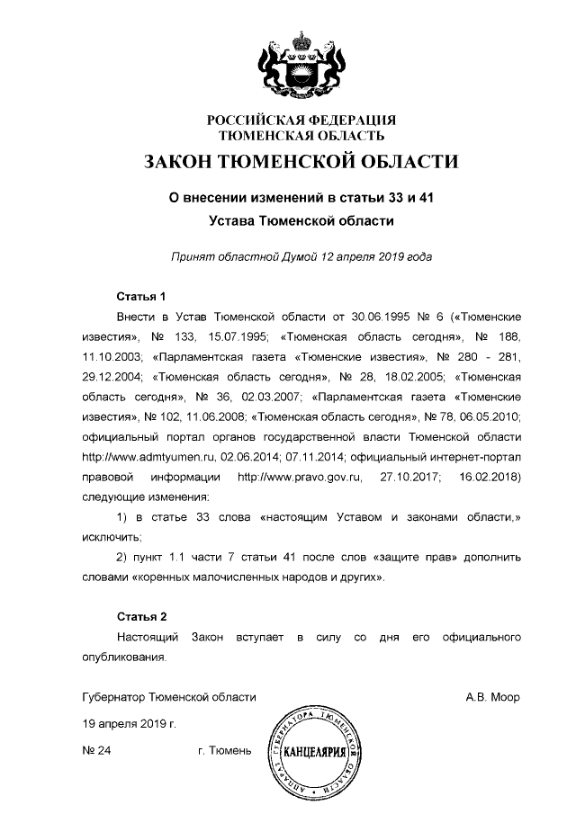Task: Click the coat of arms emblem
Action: click(x=301, y=63)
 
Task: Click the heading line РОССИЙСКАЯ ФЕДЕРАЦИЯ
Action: click(x=301, y=121)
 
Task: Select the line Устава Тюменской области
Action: click(x=301, y=219)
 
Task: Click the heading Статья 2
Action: click(x=142, y=617)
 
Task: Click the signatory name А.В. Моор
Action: click(x=492, y=697)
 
